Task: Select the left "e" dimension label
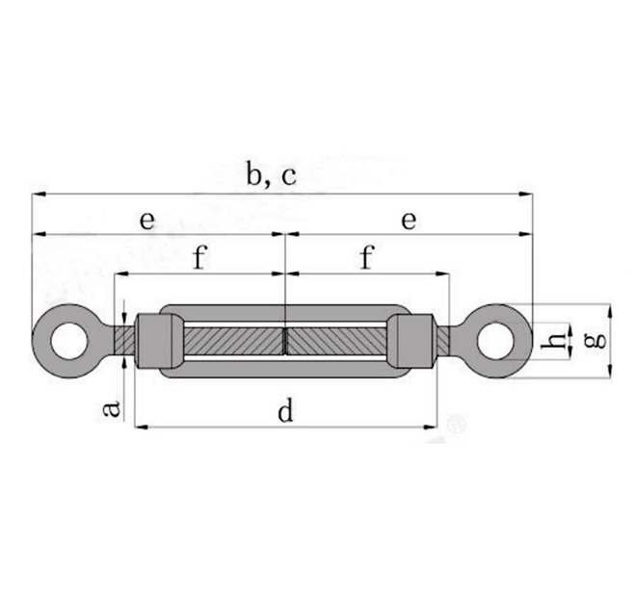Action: [146, 221]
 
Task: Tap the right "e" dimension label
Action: [409, 221]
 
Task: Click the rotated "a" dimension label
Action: [113, 408]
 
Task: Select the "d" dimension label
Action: [285, 411]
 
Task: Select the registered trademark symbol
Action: [458, 423]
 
